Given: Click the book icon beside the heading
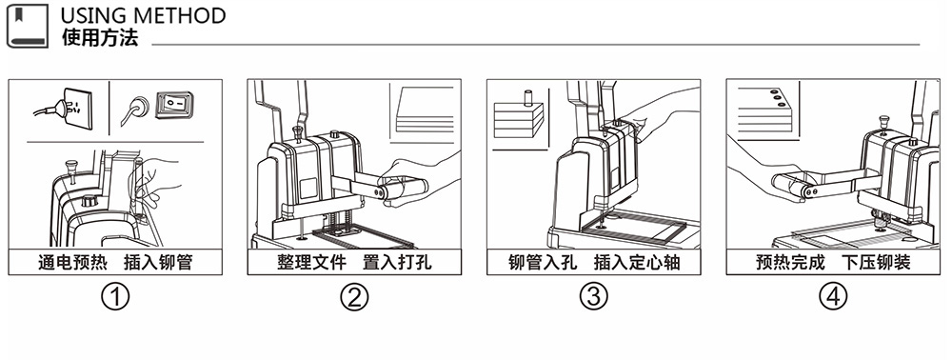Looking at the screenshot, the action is pos(28,26).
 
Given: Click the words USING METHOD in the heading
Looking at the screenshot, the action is pos(144,15).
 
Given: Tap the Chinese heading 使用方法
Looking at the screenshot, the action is pos(100,38).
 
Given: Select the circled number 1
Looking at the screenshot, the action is pos(115,297).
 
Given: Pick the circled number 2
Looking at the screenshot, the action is pos(354,297).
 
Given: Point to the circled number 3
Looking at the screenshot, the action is pos(594,297).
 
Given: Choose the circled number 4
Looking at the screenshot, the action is pos(833,297).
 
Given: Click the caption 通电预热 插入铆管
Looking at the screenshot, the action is pos(115,262).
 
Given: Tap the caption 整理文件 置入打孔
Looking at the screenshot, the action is pos(354,262).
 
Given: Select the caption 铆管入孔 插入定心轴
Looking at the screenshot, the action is pos(594,262).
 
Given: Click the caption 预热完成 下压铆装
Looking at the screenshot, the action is pos(833,262).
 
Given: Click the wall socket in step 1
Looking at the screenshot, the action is pos(78,110).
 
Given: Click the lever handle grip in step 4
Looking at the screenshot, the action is pos(791,187).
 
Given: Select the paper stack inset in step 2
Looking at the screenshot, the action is pos(424,111).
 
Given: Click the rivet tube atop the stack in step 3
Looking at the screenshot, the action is pos(527,98).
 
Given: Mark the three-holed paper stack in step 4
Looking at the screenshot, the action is pos(766,110).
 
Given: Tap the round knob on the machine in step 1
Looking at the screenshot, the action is pos(89,200).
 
